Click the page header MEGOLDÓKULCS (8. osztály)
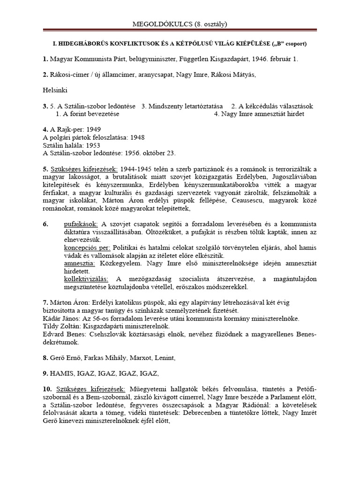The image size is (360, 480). click(x=180, y=23)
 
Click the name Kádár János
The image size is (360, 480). click(x=62, y=318)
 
